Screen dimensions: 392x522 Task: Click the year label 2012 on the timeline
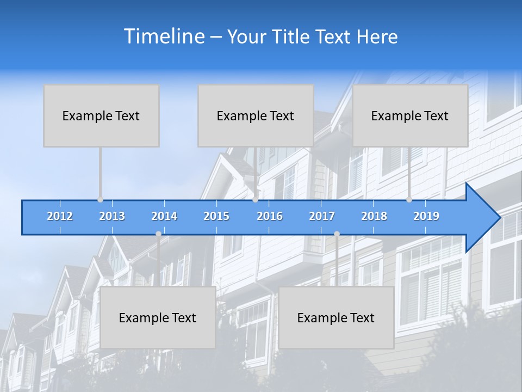coord(60,216)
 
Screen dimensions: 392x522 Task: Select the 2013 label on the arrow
coord(112,216)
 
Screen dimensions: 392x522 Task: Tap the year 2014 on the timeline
coord(164,216)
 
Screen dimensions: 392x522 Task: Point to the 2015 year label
coord(216,216)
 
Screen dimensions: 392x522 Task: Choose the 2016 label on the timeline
coord(270,216)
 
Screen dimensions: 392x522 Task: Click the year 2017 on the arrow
coord(322,216)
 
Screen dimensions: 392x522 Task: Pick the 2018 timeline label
coord(374,216)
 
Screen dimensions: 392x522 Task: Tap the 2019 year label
coord(426,216)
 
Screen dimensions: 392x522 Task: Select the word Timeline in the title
coord(164,36)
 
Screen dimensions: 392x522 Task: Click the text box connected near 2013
coord(101,115)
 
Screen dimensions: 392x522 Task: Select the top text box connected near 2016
coord(256,115)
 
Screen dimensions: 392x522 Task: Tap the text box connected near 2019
coord(410,115)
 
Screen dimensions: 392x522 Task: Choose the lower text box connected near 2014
coord(158,317)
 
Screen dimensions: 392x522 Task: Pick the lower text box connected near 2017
coord(336,317)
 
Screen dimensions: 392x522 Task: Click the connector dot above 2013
coord(100,200)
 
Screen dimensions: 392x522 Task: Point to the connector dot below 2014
coord(158,234)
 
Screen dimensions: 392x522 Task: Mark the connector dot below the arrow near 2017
coord(337,234)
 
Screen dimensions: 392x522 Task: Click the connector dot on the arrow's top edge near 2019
coord(409,200)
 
